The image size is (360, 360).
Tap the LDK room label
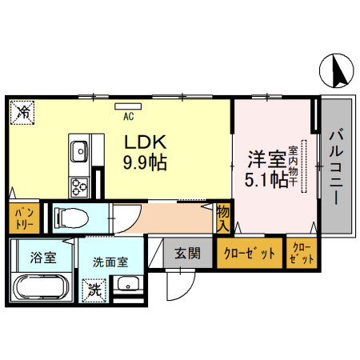(143, 142)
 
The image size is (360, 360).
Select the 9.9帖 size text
(144, 163)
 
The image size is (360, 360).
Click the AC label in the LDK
(128, 115)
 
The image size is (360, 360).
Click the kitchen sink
(80, 150)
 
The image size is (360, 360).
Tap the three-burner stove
(80, 188)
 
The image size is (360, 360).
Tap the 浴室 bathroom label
(43, 257)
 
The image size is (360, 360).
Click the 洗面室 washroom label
(110, 262)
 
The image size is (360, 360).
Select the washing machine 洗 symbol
(94, 286)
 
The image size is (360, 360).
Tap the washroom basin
(126, 284)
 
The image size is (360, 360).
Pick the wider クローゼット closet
(250, 254)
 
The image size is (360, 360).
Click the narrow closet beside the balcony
(302, 254)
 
